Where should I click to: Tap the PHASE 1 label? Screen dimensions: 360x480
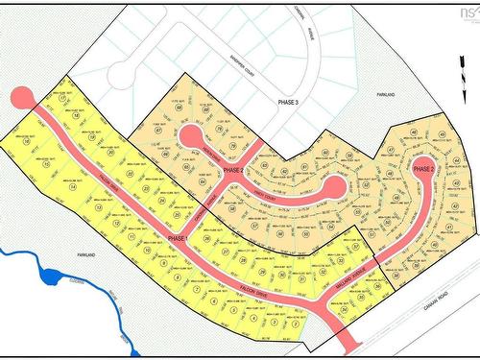[179, 237]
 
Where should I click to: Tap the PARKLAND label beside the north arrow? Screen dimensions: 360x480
[386, 95]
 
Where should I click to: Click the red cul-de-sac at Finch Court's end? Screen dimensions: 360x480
[332, 187]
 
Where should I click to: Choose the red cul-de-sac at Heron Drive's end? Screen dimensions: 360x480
[189, 135]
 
